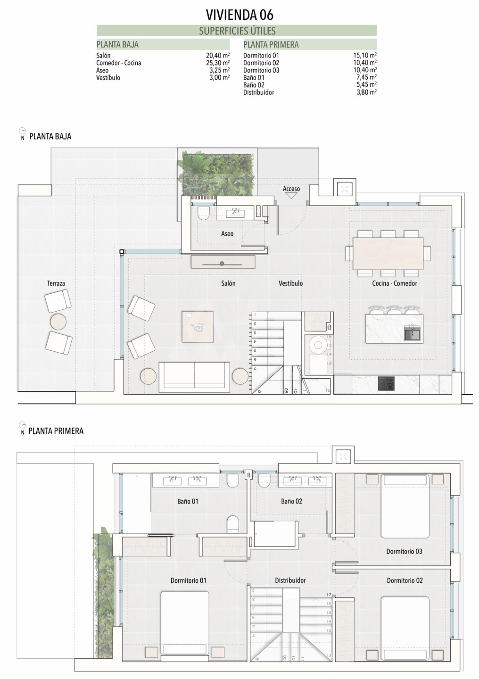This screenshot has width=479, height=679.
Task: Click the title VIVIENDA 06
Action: point(239,15)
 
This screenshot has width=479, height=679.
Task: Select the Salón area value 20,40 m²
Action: point(218,55)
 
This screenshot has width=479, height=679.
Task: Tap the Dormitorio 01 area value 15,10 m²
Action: point(365,55)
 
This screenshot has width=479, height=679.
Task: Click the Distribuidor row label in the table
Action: point(259,92)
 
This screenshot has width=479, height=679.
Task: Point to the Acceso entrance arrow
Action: point(291,196)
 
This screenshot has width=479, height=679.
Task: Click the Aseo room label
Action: point(227,234)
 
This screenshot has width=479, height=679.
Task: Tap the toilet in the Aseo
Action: point(203,213)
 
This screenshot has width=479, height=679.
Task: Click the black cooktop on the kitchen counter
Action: point(386,383)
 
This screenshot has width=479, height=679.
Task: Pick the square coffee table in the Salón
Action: point(198,327)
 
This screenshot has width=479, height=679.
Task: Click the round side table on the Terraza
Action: point(58,322)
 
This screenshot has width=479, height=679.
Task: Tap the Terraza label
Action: point(56,283)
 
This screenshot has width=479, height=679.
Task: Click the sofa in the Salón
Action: point(194,377)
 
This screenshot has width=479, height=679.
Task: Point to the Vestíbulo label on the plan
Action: point(291,283)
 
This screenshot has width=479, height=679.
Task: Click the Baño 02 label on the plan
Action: point(291,501)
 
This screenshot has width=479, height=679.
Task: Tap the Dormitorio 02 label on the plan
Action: point(405,580)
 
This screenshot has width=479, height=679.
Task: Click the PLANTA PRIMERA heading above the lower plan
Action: point(56,431)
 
